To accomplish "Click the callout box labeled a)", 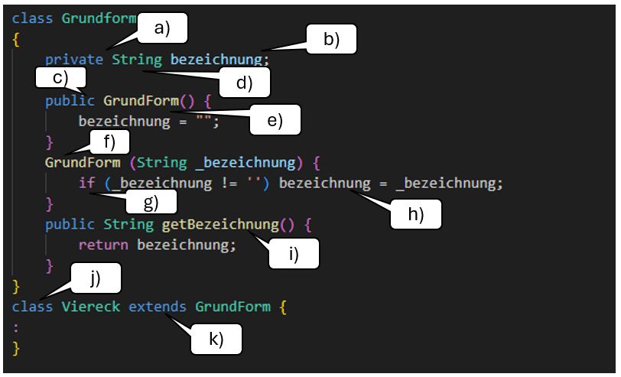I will click(162, 29).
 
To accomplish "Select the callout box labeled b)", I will click(332, 40).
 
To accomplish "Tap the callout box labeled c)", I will click(60, 77).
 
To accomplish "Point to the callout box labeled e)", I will click(275, 120).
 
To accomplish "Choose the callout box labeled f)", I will click(108, 141).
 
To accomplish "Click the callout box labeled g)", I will click(151, 201).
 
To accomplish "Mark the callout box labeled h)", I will click(417, 216).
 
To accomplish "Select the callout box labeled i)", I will click(294, 254).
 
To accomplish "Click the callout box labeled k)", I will click(216, 339).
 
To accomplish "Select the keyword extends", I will click(158, 307).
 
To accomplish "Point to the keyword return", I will click(104, 245).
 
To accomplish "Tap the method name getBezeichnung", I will click(219, 225).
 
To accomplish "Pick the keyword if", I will click(87, 184).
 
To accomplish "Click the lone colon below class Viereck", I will click(16, 327).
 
